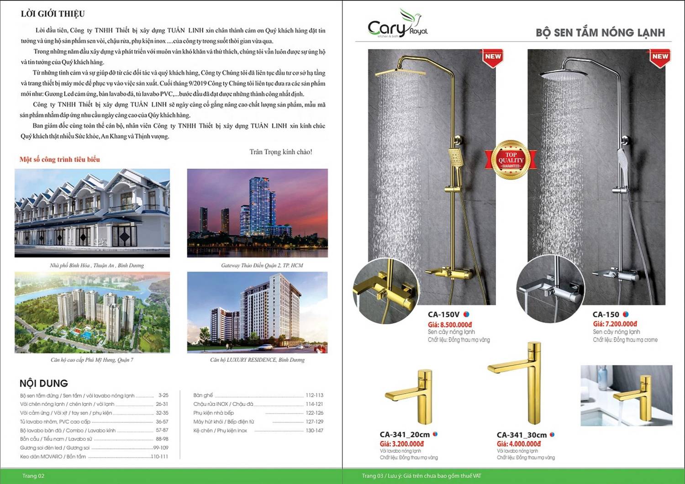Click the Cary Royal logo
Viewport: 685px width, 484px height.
click(397, 25)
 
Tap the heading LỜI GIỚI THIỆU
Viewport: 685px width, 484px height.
click(53, 14)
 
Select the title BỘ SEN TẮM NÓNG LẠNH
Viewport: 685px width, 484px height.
click(600, 32)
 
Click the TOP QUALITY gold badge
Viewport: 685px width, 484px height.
click(511, 160)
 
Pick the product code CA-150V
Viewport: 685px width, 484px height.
click(443, 314)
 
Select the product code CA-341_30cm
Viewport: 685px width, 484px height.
click(522, 435)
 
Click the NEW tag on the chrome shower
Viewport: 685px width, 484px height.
click(659, 57)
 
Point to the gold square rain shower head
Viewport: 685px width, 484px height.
click(400, 72)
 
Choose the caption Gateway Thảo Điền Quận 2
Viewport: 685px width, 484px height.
click(262, 265)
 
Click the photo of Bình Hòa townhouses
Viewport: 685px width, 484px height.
click(92, 213)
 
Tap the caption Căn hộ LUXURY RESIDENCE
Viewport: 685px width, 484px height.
click(257, 360)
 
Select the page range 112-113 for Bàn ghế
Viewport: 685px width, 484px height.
click(314, 395)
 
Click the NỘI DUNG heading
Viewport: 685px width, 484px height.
click(44, 383)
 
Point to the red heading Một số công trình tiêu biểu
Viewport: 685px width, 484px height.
click(59, 159)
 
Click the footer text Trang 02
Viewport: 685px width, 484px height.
click(33, 476)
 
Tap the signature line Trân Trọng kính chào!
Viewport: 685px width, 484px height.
click(280, 152)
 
